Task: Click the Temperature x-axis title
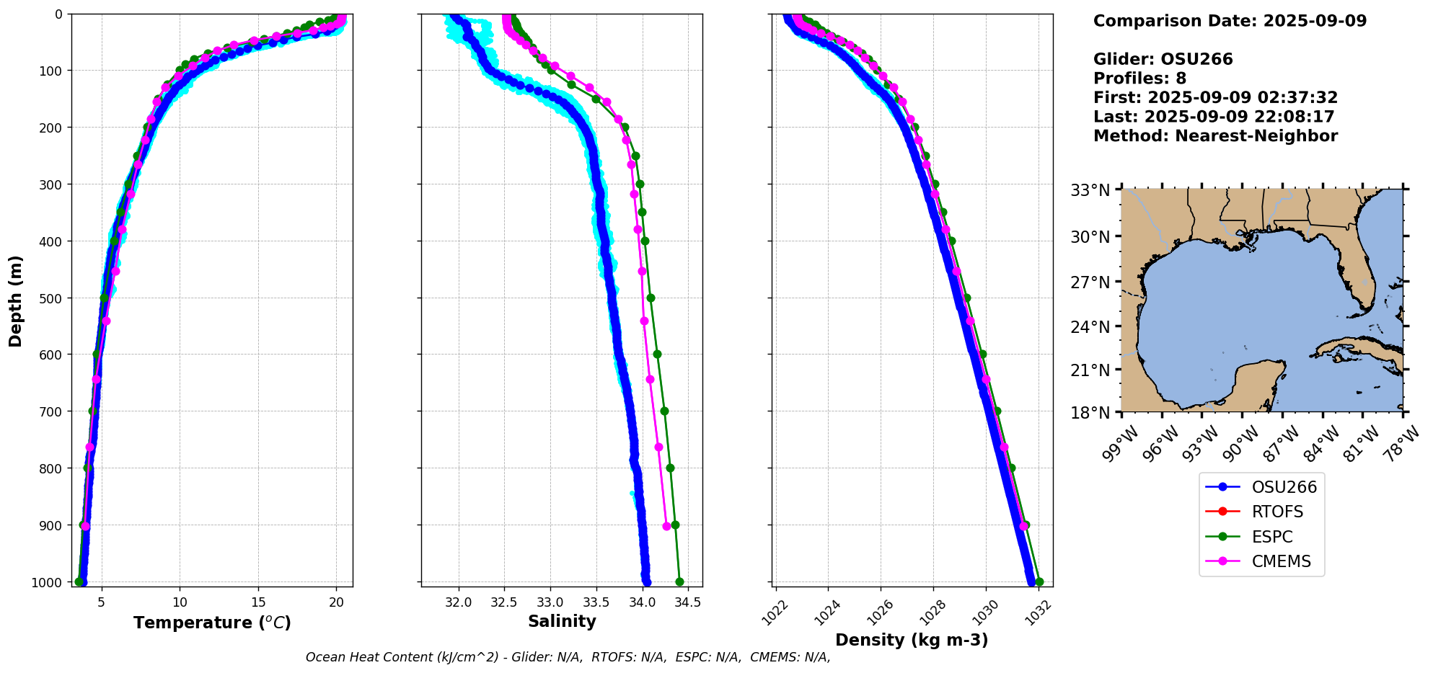(212, 623)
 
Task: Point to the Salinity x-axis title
(562, 622)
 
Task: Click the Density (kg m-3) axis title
(912, 640)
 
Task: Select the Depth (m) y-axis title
(16, 301)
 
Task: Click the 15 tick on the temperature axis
(258, 602)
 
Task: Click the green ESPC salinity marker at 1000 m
(679, 581)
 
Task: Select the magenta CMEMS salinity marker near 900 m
(666, 526)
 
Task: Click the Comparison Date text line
(1230, 21)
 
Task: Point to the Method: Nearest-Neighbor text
(1215, 136)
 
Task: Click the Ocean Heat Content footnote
(568, 657)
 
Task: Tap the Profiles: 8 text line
(1139, 79)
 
